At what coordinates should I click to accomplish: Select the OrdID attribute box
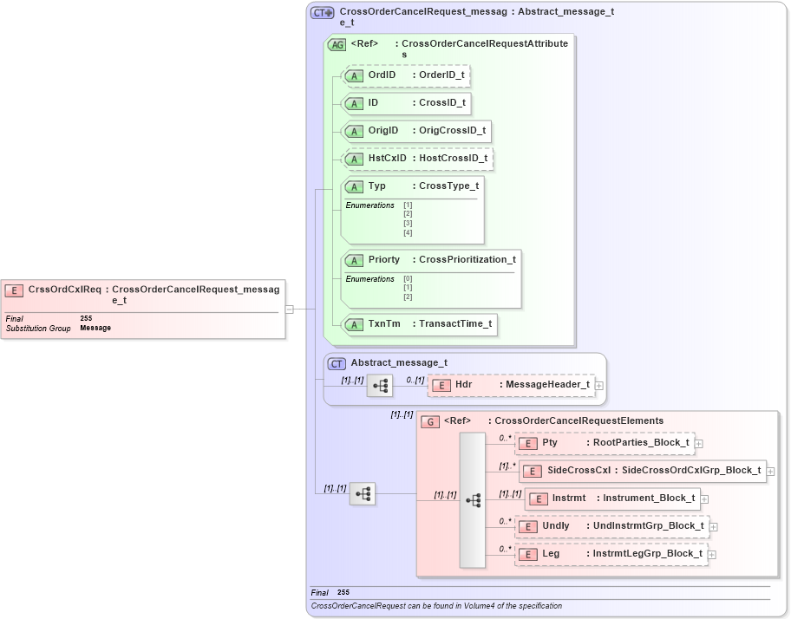(408, 75)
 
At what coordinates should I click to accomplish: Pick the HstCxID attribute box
(419, 159)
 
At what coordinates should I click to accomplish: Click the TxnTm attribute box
(421, 324)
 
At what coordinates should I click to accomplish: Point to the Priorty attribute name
(384, 259)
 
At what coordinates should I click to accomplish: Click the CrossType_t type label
(448, 186)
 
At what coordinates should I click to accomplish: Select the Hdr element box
(512, 385)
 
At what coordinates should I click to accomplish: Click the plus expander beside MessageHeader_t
(599, 386)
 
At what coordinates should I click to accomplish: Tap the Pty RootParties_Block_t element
(605, 443)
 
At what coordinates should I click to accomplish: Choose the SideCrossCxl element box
(642, 471)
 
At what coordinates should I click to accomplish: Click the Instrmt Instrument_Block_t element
(612, 498)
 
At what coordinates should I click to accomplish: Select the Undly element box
(612, 526)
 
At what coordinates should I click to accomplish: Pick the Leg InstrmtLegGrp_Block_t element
(611, 554)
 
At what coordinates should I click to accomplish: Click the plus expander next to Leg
(712, 555)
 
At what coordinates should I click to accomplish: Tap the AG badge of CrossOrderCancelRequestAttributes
(337, 44)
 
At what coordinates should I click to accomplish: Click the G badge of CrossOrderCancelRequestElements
(430, 421)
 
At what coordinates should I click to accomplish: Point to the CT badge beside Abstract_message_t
(337, 363)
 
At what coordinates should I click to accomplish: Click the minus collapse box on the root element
(290, 309)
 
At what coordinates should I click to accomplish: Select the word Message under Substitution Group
(95, 329)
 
